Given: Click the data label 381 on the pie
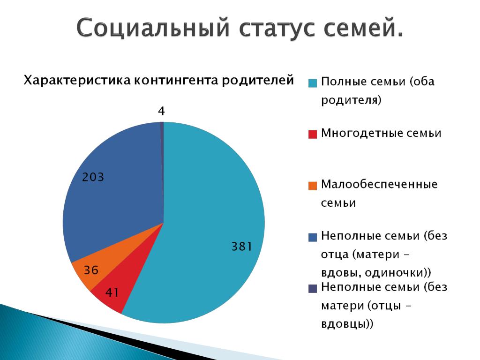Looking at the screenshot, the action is (x=241, y=246).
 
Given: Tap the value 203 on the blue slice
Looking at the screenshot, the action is (x=93, y=177).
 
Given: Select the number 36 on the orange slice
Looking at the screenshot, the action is (x=91, y=270).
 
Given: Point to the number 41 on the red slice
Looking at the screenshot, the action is (x=112, y=292).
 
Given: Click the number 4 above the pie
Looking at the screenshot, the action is (x=161, y=111).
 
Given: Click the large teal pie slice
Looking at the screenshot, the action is (x=208, y=214).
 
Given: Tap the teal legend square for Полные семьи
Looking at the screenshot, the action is (x=313, y=83).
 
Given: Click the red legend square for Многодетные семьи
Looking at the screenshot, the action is (x=313, y=135).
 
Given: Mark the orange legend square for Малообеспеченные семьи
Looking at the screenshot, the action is (x=313, y=186).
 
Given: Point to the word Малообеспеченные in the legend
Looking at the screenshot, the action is (x=379, y=184).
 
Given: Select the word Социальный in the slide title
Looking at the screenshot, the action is (x=153, y=28).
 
